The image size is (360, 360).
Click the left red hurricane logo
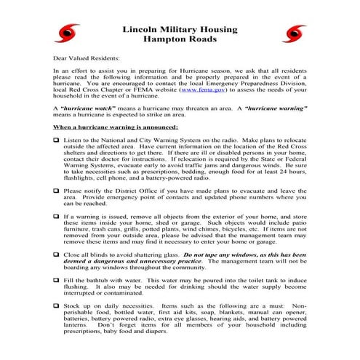(x=70, y=32)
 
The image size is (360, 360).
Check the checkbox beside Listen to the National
(x=57, y=138)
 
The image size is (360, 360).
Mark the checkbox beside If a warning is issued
(x=57, y=217)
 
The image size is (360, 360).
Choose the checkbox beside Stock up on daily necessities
(x=57, y=307)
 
